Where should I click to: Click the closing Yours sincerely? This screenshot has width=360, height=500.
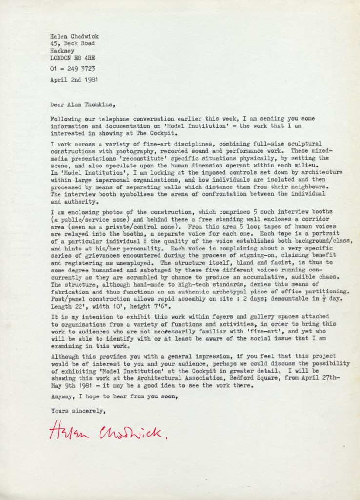point(78,411)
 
